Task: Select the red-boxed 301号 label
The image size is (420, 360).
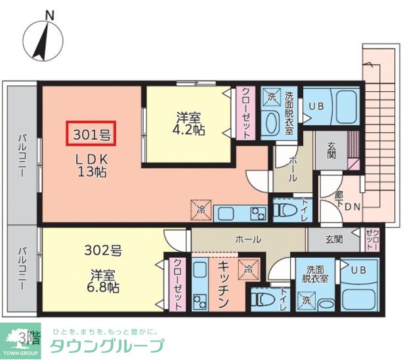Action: click(91, 135)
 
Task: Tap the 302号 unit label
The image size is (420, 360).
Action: click(103, 250)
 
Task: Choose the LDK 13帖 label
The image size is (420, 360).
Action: click(92, 166)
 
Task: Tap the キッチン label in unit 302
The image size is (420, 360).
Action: click(222, 285)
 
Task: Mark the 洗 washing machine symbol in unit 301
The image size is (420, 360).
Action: click(272, 97)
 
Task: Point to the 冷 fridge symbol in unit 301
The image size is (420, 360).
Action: click(200, 210)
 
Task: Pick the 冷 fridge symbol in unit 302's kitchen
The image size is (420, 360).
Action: click(249, 268)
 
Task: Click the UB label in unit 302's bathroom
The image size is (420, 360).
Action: click(358, 270)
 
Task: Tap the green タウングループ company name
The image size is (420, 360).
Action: click(107, 346)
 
